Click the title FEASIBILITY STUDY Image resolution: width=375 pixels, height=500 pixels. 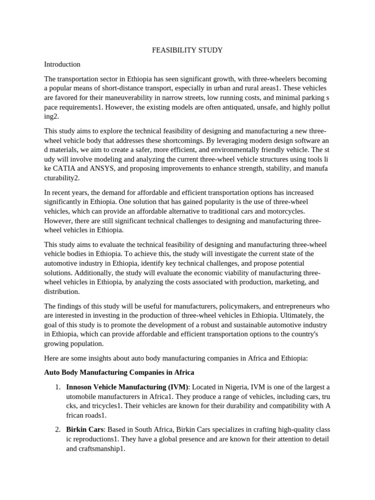point(187,50)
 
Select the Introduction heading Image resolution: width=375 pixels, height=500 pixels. point(62,64)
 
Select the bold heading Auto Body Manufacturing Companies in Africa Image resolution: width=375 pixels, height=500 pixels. point(119,373)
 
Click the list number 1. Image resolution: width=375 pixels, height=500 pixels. point(58,387)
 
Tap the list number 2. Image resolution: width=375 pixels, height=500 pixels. point(58,430)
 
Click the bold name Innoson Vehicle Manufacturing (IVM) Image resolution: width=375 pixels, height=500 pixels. point(126,387)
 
